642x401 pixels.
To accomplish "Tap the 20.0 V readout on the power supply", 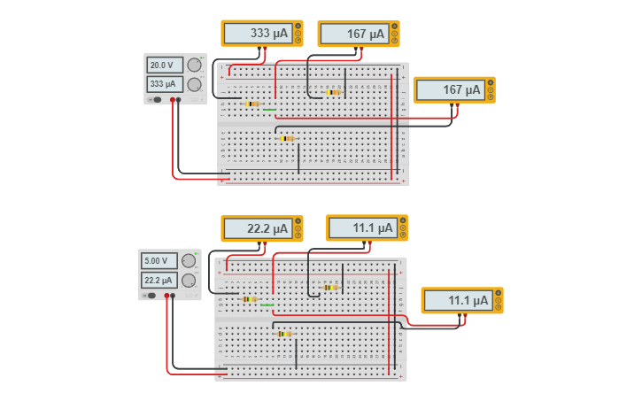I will pyautogui.click(x=165, y=66).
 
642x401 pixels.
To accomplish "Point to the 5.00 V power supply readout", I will pyautogui.click(x=160, y=261).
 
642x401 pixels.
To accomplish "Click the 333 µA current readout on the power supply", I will pyautogui.click(x=165, y=84).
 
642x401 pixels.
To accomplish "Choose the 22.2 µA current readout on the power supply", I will pyautogui.click(x=160, y=280).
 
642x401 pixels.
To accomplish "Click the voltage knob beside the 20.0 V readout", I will pyautogui.click(x=194, y=66).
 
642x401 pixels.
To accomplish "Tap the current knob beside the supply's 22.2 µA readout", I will pyautogui.click(x=189, y=280).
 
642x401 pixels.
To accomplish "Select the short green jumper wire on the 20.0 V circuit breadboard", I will pyautogui.click(x=269, y=110).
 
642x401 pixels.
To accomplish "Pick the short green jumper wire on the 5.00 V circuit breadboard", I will pyautogui.click(x=267, y=305).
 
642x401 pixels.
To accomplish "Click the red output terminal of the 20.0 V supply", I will pyautogui.click(x=172, y=100).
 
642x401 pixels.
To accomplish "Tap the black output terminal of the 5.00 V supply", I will pyautogui.click(x=173, y=296).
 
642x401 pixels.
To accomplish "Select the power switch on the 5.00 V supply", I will pyautogui.click(x=151, y=296).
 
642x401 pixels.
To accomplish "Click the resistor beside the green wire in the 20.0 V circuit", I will pyautogui.click(x=251, y=104).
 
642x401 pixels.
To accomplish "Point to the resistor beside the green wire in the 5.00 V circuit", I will pyautogui.click(x=249, y=299).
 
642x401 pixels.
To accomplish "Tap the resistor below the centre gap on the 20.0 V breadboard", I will pyautogui.click(x=286, y=138).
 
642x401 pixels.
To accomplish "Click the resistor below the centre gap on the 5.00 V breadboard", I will pyautogui.click(x=283, y=334).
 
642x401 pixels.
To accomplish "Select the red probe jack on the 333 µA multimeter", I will pyautogui.click(x=298, y=41).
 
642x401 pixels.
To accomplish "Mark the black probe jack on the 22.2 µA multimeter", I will pyautogui.click(x=298, y=229).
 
